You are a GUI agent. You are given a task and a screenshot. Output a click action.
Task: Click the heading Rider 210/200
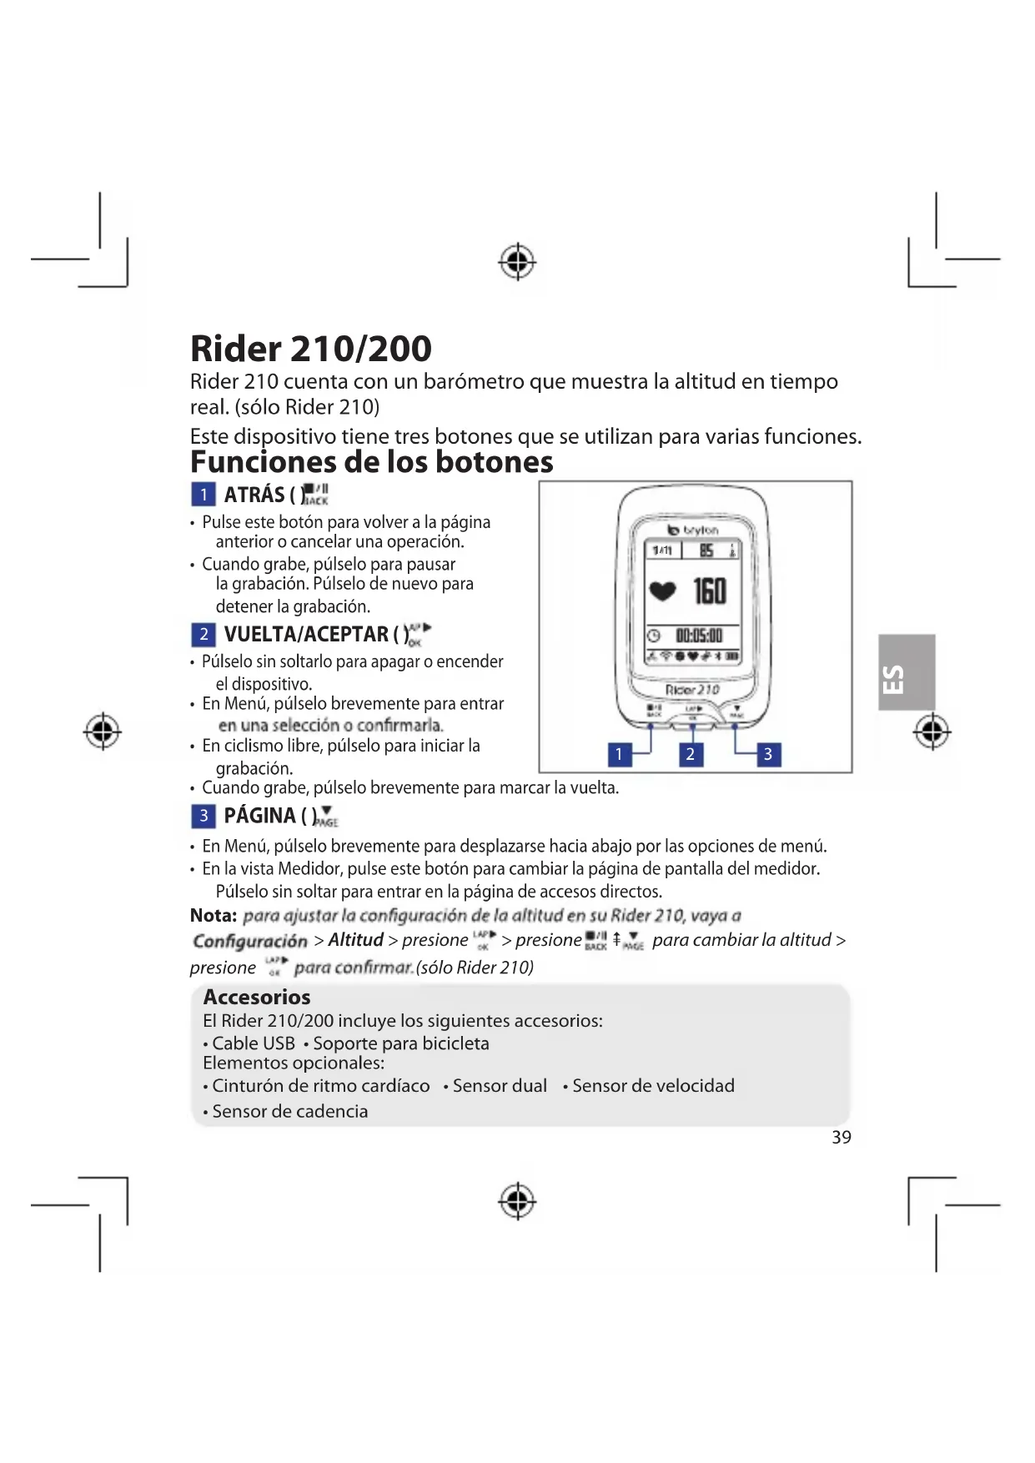[x=310, y=349]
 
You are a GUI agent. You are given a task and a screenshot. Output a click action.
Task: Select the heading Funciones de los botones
[x=371, y=462]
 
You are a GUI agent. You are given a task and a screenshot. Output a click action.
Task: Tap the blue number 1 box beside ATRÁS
[x=203, y=495]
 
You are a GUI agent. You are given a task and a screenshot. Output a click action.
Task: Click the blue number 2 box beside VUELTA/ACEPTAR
[x=203, y=635]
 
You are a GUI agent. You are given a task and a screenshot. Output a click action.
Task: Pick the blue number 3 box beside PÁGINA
[x=203, y=816]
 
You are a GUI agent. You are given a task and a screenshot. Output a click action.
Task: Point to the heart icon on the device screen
[x=663, y=591]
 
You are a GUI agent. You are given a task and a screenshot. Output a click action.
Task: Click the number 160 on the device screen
[x=710, y=591]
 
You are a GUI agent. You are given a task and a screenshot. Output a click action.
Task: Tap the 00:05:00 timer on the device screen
[x=699, y=636]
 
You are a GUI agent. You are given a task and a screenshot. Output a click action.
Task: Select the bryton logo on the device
[x=693, y=530]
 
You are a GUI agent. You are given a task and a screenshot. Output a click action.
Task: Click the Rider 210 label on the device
[x=692, y=690]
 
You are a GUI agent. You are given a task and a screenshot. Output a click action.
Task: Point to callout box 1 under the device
[x=619, y=755]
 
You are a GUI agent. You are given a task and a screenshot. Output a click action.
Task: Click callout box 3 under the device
[x=768, y=755]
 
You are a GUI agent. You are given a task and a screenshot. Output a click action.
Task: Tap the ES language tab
[x=906, y=672]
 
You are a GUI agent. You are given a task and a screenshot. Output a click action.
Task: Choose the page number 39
[x=842, y=1138]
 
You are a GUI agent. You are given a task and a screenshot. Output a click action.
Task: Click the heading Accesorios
[x=257, y=997]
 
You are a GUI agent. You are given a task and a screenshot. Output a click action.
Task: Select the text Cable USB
[x=253, y=1043]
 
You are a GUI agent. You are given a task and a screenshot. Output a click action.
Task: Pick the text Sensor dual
[x=500, y=1086]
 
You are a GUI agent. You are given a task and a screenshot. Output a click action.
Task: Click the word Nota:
[x=214, y=916]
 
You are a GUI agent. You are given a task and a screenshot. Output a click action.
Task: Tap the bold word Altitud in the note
[x=355, y=940]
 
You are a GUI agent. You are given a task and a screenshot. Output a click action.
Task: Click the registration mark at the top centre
[x=517, y=263]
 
